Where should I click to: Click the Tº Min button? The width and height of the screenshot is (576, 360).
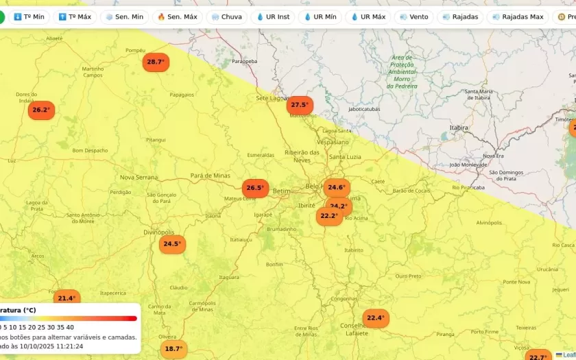(x=29, y=16)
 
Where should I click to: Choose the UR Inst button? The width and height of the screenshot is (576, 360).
(x=273, y=16)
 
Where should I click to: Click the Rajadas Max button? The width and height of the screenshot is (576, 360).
(x=518, y=16)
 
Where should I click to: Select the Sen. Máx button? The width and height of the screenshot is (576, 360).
(x=177, y=16)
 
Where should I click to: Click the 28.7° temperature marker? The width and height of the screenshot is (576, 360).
(x=156, y=62)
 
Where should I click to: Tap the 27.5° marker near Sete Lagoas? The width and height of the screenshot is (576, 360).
(x=300, y=105)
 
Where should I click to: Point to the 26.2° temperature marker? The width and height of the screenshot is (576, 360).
(x=41, y=110)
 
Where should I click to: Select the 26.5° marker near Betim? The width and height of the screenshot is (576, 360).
(x=255, y=188)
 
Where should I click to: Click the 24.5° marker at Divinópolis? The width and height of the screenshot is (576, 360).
(x=172, y=244)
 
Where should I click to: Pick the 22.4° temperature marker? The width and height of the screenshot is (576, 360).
(x=376, y=318)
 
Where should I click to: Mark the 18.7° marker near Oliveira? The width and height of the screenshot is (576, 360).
(x=173, y=349)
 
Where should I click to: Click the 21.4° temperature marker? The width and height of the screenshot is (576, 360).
(x=67, y=298)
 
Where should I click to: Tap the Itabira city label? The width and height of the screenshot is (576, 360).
(x=459, y=128)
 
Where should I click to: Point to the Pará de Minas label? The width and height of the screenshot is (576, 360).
(x=211, y=176)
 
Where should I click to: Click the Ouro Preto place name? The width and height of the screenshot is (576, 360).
(x=409, y=276)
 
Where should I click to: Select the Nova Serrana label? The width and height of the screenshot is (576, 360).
(x=139, y=177)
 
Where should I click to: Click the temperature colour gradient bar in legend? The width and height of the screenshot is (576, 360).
(x=69, y=318)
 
